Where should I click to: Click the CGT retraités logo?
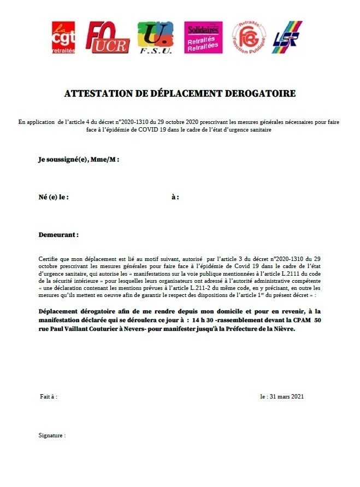pyautogui.click(x=64, y=37)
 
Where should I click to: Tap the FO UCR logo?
pyautogui.click(x=108, y=37)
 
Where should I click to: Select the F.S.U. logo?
pyautogui.click(x=155, y=37)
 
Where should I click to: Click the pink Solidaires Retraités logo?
pyautogui.click(x=203, y=37)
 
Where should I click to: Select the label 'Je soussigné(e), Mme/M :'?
pyautogui.click(x=79, y=159)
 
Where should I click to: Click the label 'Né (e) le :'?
pyautogui.click(x=54, y=197)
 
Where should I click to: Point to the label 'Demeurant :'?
pyautogui.click(x=58, y=234)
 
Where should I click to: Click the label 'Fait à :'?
pyautogui.click(x=49, y=396)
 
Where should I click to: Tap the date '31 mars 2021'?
pyautogui.click(x=290, y=396)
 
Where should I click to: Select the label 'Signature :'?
pyautogui.click(x=52, y=436)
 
